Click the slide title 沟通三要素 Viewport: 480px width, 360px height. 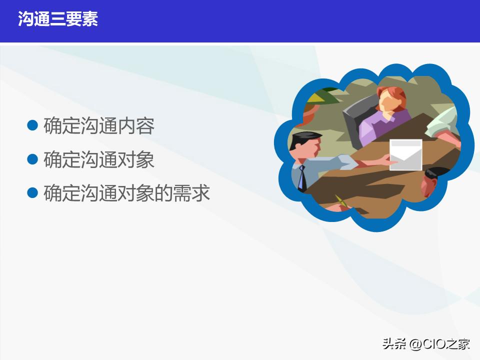coord(58,19)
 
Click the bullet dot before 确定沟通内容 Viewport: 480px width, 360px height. coord(32,125)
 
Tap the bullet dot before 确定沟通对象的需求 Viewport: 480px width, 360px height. coord(32,192)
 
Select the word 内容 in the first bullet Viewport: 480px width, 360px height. coord(136,125)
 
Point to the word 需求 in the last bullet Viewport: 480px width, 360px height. coord(191,193)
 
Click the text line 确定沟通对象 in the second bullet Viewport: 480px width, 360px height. coord(99,159)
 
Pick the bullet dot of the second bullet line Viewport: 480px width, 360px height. coord(32,159)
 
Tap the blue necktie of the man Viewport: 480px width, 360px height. coord(301,178)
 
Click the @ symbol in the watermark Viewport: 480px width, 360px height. coord(415,344)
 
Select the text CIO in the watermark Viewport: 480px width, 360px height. coord(433,344)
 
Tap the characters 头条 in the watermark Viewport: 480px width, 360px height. coord(394,344)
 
